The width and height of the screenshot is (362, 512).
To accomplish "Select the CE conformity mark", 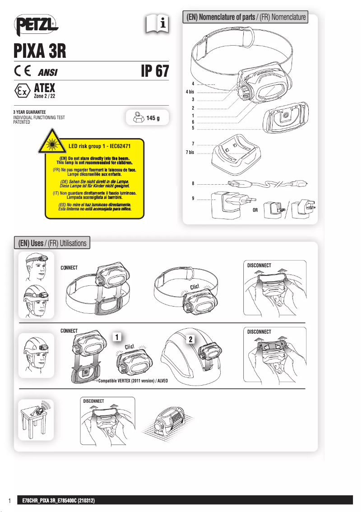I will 22,71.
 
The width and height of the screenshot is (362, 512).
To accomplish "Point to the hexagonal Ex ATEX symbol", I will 21,90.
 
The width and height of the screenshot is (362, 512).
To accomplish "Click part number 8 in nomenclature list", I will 193,184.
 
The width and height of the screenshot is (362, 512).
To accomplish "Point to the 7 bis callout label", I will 190,152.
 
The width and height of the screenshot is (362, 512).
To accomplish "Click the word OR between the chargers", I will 255,211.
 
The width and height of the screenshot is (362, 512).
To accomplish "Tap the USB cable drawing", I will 266,184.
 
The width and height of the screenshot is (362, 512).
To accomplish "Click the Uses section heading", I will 52,243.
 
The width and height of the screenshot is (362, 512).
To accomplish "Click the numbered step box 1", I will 116,337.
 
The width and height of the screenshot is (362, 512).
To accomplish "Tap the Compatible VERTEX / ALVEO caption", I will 133,381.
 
